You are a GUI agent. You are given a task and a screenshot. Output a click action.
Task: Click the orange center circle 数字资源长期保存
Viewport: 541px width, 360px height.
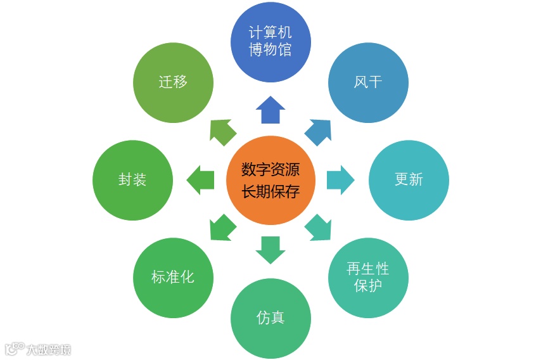(x=270, y=180)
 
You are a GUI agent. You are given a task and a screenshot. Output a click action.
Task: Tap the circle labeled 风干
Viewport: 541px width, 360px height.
(x=368, y=82)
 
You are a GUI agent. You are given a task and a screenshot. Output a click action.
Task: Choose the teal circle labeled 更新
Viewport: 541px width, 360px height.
(x=409, y=180)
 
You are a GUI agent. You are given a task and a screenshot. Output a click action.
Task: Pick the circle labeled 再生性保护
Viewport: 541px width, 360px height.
(x=368, y=278)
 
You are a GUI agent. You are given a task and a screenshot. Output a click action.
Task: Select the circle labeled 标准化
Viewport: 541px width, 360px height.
(x=173, y=278)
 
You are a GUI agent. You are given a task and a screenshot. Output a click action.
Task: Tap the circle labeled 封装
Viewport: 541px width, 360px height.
(x=132, y=180)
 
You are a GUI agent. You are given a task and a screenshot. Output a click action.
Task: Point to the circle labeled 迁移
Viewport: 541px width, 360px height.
(x=173, y=82)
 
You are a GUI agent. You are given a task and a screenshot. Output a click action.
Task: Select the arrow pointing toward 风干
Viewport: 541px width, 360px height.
(x=318, y=131)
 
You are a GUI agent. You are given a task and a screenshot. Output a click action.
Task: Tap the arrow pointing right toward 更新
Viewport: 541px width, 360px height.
(x=340, y=180)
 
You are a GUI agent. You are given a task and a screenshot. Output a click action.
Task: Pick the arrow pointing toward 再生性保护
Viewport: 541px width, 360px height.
(x=318, y=228)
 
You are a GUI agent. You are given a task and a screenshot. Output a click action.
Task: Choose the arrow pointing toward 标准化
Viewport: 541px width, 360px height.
(x=222, y=228)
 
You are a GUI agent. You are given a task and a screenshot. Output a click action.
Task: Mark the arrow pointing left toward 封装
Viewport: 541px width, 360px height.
(x=201, y=180)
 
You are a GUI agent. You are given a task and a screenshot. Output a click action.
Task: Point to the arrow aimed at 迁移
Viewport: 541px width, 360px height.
(x=222, y=131)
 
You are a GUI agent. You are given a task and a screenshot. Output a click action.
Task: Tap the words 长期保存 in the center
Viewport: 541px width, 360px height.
(x=270, y=191)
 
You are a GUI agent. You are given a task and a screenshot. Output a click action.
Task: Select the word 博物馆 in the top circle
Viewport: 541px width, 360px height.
(x=270, y=49)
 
